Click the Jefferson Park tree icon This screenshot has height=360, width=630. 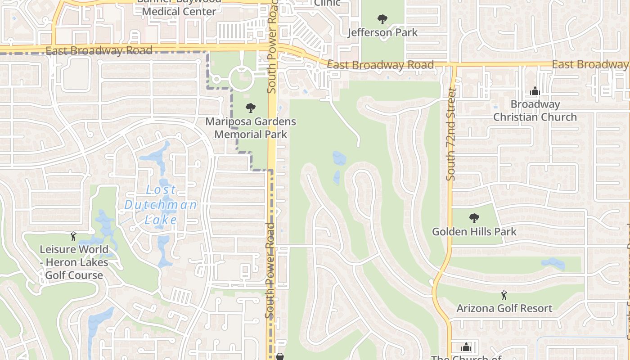click(382, 19)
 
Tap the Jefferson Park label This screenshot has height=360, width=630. click(382, 32)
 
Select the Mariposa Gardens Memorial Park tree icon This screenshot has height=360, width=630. click(251, 108)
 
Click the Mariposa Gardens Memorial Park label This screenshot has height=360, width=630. click(251, 128)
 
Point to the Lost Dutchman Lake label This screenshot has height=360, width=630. click(161, 205)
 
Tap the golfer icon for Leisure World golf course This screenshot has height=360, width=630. click(73, 236)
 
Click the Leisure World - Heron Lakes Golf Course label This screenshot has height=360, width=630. click(74, 262)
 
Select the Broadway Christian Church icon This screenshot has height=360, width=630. click(535, 91)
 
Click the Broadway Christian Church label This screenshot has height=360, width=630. click(535, 111)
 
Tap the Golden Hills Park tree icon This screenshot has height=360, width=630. click(474, 218)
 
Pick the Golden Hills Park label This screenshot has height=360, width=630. click(474, 232)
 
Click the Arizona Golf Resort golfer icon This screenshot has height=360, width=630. click(504, 295)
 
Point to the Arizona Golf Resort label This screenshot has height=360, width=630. click(504, 309)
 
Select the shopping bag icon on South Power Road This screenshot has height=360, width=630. click(280, 356)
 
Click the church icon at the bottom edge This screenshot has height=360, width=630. click(466, 347)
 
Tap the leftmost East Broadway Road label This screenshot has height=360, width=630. click(99, 50)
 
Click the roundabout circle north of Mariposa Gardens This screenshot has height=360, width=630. click(242, 79)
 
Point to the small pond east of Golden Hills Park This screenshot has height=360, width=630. click(553, 264)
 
